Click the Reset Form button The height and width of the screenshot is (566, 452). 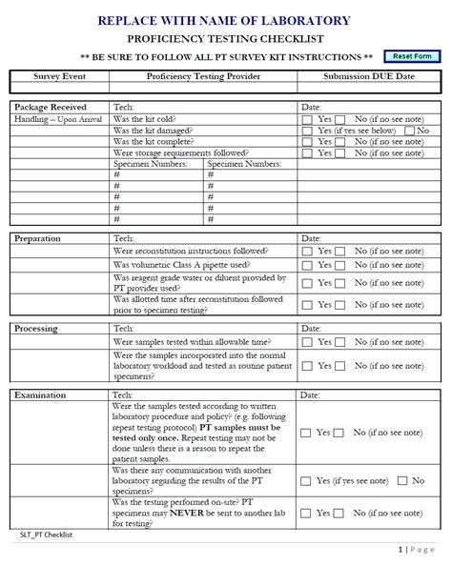click(412, 57)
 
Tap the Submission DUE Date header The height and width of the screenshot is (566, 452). click(369, 76)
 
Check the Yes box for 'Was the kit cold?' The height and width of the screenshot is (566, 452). click(307, 118)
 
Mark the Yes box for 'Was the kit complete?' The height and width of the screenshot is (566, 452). click(307, 141)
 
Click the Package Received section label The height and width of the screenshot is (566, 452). click(50, 107)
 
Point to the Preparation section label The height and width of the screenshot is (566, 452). click(37, 238)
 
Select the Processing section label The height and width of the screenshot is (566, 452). click(36, 328)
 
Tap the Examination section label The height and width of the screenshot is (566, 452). click(39, 394)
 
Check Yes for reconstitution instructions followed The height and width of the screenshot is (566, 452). click(307, 251)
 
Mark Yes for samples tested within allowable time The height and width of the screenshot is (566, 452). click(307, 341)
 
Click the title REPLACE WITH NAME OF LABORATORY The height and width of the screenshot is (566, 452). click(224, 21)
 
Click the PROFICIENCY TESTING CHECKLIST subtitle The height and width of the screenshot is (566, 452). click(225, 38)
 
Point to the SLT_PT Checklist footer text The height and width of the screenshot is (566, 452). click(46, 535)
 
